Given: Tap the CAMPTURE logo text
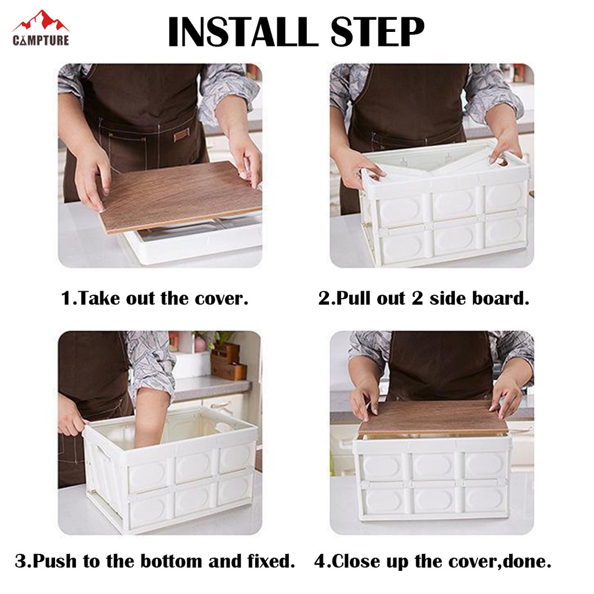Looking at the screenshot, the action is pos(41,40).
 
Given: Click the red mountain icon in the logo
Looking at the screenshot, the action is pos(41,21).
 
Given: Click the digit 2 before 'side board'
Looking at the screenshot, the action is pos(417,298).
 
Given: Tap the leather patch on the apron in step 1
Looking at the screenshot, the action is pos(181,135).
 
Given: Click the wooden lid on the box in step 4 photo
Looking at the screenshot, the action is pos(432,418).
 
